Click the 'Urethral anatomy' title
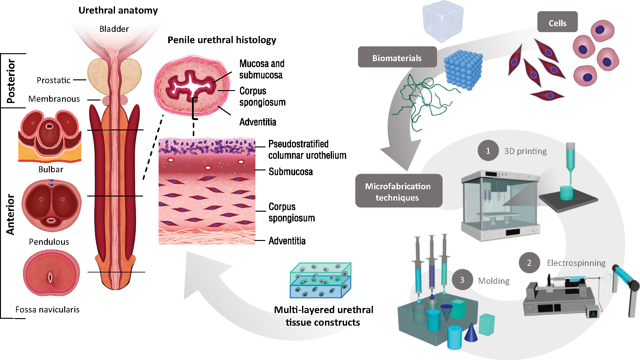click(118, 10)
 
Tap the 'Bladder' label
click(114, 29)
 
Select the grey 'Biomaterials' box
click(397, 58)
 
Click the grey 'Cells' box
click(557, 23)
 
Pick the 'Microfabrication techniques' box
click(398, 191)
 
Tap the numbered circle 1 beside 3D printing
click(488, 151)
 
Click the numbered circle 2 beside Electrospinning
click(529, 263)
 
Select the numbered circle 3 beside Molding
click(462, 280)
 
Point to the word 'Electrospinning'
click(576, 263)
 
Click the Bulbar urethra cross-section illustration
click(50, 136)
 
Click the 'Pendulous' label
click(49, 242)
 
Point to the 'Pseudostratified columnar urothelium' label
click(307, 150)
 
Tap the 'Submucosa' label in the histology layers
click(290, 172)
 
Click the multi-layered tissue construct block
click(320, 280)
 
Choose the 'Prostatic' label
click(54, 80)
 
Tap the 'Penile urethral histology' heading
click(222, 40)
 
